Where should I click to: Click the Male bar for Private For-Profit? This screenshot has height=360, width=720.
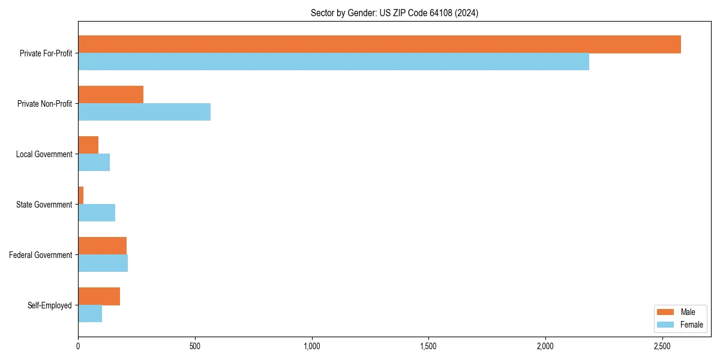pyautogui.click(x=379, y=44)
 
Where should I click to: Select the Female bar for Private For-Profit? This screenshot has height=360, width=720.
pyautogui.click(x=334, y=62)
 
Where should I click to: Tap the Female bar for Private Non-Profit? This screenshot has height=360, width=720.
pyautogui.click(x=144, y=112)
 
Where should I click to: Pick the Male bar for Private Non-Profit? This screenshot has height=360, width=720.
pyautogui.click(x=110, y=95)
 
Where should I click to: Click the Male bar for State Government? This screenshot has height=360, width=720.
pyautogui.click(x=81, y=196)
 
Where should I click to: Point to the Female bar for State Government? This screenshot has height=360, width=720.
pyautogui.click(x=97, y=213)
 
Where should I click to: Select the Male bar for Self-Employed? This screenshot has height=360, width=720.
pyautogui.click(x=99, y=296)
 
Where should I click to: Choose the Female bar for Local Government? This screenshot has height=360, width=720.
pyautogui.click(x=94, y=163)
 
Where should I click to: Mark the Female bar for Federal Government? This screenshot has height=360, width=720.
pyautogui.click(x=103, y=263)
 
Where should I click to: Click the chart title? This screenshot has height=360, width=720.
pyautogui.click(x=394, y=13)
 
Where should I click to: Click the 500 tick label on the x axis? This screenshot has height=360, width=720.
pyautogui.click(x=194, y=346)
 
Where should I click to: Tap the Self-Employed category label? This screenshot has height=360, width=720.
pyautogui.click(x=50, y=305)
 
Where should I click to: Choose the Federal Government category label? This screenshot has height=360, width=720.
pyautogui.click(x=41, y=255)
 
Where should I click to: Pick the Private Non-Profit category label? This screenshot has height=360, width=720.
pyautogui.click(x=44, y=104)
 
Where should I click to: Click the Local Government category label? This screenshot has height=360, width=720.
pyautogui.click(x=44, y=154)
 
